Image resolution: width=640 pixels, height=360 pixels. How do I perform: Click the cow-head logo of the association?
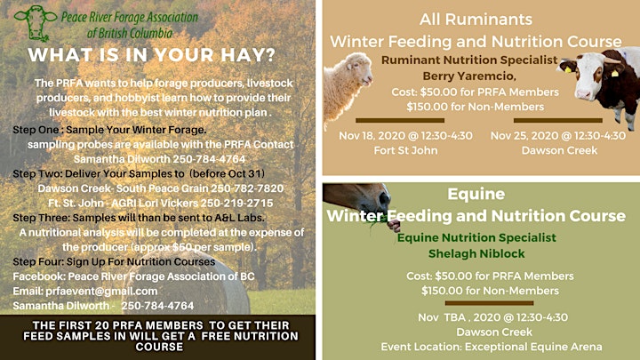tap(35, 23)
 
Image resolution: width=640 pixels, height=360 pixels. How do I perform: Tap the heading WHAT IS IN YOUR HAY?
tap(152, 55)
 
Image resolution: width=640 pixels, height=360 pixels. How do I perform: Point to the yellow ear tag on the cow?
tap(615, 74)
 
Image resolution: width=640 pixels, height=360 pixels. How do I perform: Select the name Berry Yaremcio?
tap(469, 76)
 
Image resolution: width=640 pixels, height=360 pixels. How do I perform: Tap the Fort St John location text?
tap(405, 150)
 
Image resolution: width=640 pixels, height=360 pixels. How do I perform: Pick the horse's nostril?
tap(385, 198)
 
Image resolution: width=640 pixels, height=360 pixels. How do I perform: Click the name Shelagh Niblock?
tap(476, 253)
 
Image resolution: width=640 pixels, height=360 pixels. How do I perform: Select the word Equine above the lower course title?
tap(476, 194)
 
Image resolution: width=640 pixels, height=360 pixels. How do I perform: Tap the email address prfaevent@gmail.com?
tap(101, 291)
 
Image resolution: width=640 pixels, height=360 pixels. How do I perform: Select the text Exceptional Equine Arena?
tap(533, 347)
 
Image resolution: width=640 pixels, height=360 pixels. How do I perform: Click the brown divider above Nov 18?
tap(400, 120)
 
